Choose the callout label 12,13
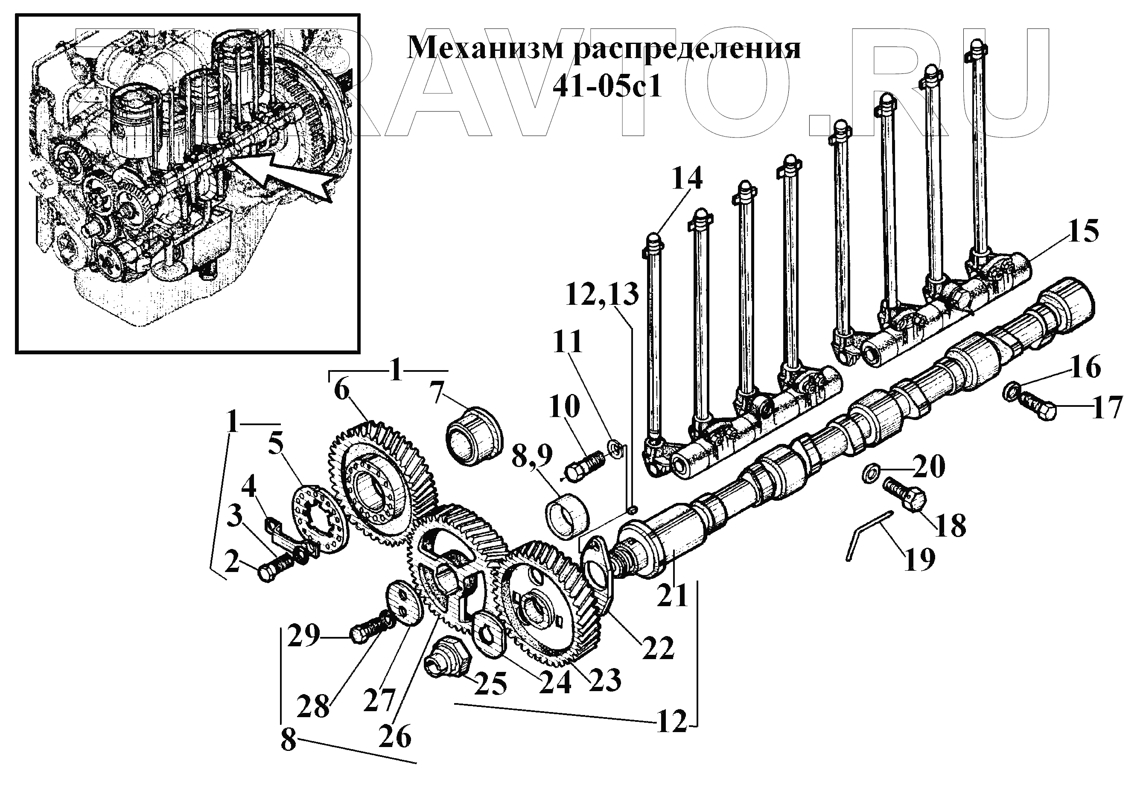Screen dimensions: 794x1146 (x=602, y=295)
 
